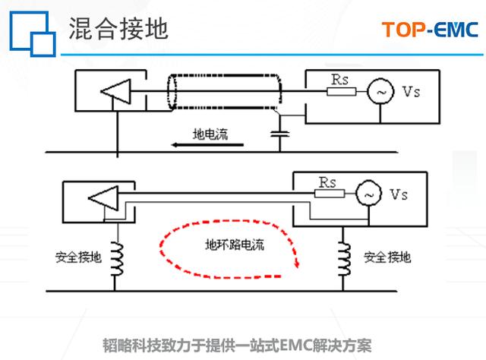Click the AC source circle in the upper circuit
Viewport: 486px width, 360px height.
point(379,91)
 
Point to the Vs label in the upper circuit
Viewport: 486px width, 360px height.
point(411,91)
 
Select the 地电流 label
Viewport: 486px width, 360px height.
point(210,132)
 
